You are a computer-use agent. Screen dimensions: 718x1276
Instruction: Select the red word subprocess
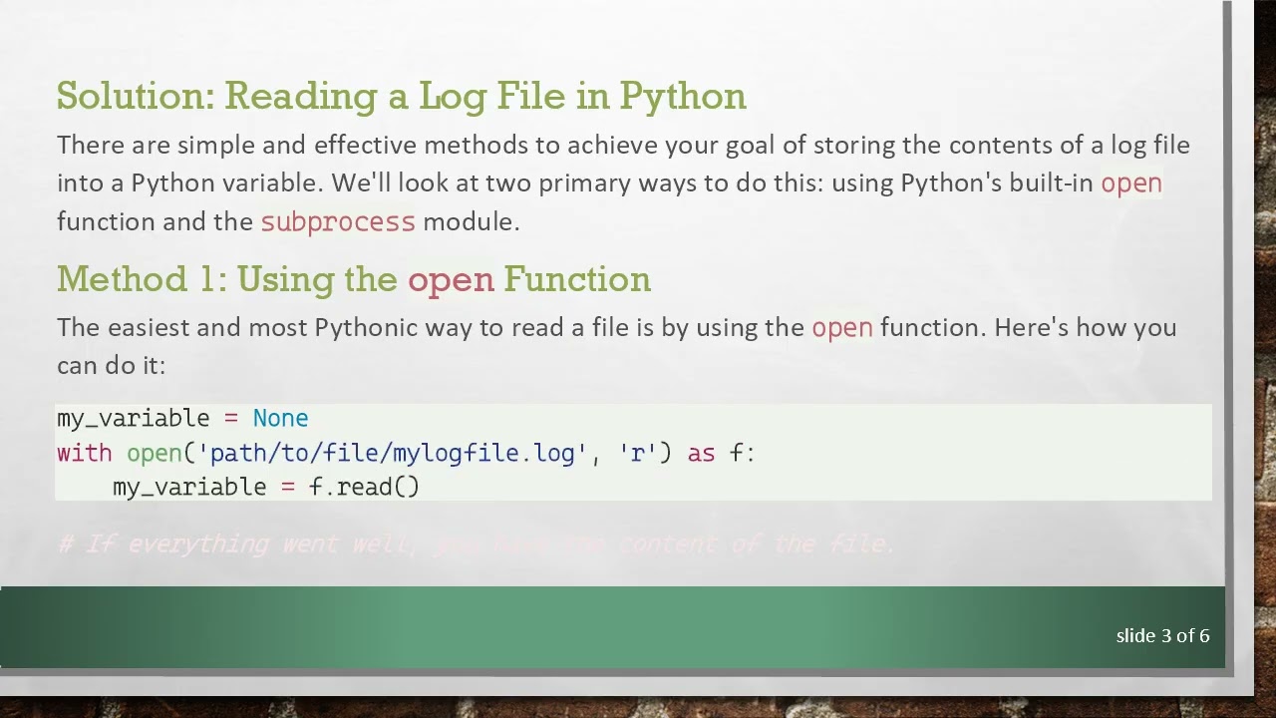(x=337, y=221)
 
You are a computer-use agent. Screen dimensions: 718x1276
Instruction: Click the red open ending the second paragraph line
(x=1130, y=183)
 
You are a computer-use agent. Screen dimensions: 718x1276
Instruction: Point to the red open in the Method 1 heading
(x=451, y=279)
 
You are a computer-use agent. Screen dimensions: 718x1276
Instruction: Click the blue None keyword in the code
(x=280, y=418)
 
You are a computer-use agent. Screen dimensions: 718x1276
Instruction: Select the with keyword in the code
(x=84, y=453)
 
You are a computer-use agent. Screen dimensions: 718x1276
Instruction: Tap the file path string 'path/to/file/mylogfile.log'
(x=389, y=453)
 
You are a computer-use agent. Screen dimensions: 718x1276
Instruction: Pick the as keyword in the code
(x=701, y=453)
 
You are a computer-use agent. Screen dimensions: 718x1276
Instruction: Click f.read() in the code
(x=364, y=487)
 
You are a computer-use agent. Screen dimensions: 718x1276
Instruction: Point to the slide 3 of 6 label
(x=1162, y=635)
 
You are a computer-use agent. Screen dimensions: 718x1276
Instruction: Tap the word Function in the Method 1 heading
(x=576, y=279)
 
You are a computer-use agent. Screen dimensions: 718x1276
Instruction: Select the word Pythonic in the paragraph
(x=366, y=327)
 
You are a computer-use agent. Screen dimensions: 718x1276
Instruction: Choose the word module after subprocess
(x=471, y=221)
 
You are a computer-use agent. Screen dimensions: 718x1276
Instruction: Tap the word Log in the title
(x=452, y=96)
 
